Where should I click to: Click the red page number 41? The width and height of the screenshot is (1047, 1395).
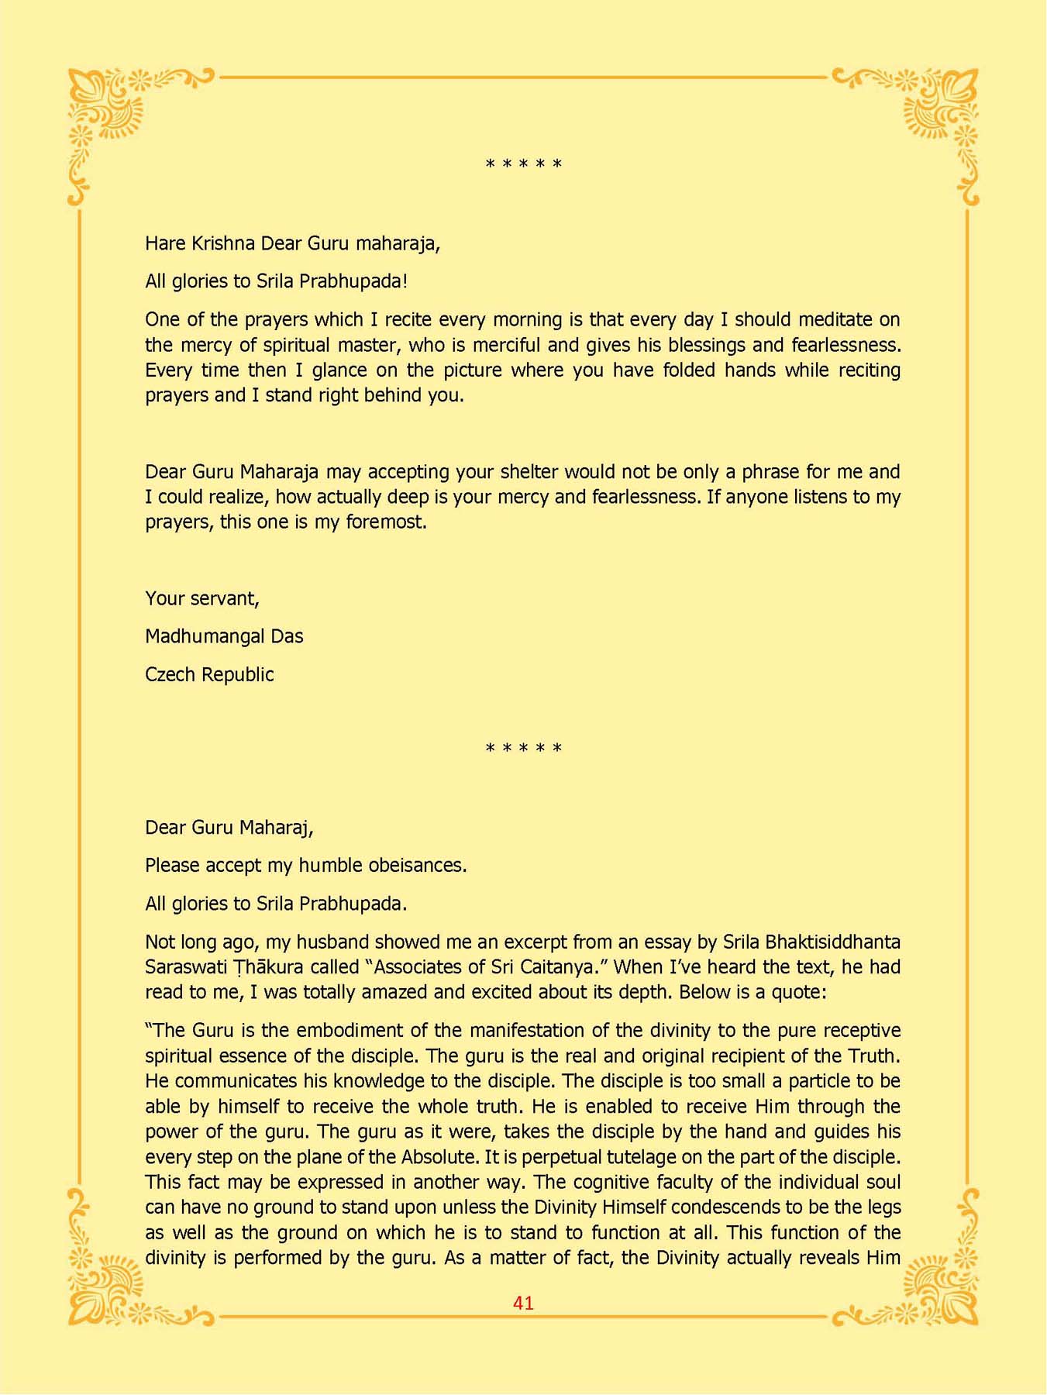pos(523,1303)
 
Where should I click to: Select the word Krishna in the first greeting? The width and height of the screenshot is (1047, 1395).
pos(223,243)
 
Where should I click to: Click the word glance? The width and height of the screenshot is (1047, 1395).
pos(339,370)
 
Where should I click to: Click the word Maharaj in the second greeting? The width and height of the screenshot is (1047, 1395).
pos(274,828)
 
